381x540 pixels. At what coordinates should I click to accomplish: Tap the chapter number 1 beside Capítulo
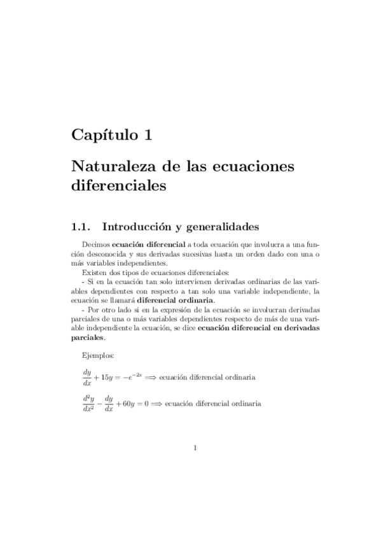(x=148, y=134)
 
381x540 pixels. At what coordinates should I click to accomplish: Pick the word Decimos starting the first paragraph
(x=96, y=244)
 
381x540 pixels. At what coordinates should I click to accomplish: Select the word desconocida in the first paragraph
(x=94, y=253)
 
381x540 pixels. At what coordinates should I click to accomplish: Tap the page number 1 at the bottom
(x=195, y=448)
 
